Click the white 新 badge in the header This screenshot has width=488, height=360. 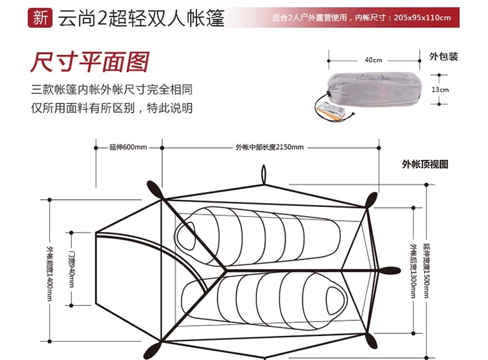coord(40,18)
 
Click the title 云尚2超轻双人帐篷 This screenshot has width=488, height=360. coord(141,18)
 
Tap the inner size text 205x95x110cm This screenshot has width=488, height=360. coord(422,18)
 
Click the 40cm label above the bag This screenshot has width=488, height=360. coord(373,60)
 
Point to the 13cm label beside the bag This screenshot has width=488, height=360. coord(441,89)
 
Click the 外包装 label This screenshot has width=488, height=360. coord(444,57)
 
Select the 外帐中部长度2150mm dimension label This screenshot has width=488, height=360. coord(269,147)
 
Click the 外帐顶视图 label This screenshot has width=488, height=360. coord(425,165)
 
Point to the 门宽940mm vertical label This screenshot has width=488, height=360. coord(72,267)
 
